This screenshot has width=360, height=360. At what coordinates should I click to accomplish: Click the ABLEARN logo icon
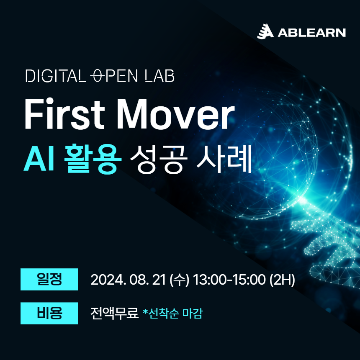(265, 32)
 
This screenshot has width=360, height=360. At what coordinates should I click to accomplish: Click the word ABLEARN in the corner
(311, 33)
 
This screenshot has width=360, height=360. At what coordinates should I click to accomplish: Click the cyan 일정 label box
(49, 279)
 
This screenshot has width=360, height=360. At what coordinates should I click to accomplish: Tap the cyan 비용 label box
(49, 313)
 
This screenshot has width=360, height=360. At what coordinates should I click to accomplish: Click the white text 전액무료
(114, 313)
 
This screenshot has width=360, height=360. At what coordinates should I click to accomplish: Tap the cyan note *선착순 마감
(172, 313)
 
